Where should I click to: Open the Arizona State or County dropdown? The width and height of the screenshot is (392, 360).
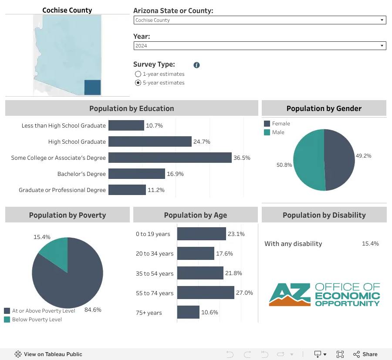pyautogui.click(x=260, y=20)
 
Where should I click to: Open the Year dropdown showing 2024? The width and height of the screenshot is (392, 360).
pyautogui.click(x=260, y=46)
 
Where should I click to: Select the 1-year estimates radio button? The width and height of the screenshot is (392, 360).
pyautogui.click(x=138, y=74)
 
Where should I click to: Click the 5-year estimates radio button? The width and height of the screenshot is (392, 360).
pyautogui.click(x=138, y=83)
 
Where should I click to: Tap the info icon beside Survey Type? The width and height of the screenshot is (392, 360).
pyautogui.click(x=197, y=65)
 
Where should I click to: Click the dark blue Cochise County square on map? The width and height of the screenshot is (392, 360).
pyautogui.click(x=92, y=87)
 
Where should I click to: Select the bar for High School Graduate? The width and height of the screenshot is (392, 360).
pyautogui.click(x=150, y=141)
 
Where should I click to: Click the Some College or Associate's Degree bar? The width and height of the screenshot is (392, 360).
pyautogui.click(x=170, y=158)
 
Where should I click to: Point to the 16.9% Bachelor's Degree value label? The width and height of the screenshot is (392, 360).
pyautogui.click(x=175, y=174)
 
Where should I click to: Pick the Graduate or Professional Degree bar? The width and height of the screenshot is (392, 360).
pyautogui.click(x=127, y=190)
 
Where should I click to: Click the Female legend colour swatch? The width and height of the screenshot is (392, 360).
pyautogui.click(x=267, y=124)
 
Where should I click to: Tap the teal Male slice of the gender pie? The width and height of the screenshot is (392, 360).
pyautogui.click(x=309, y=160)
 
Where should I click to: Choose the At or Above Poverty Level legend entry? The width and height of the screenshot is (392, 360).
pyautogui.click(x=40, y=311)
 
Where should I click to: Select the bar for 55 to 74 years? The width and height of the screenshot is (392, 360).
pyautogui.click(x=206, y=293)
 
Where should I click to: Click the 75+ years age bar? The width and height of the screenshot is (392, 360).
pyautogui.click(x=188, y=312)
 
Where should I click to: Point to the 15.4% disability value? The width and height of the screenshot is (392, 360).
pyautogui.click(x=370, y=244)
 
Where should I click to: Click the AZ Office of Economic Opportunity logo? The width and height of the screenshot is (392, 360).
pyautogui.click(x=324, y=295)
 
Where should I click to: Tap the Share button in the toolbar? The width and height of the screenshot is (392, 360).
pyautogui.click(x=365, y=354)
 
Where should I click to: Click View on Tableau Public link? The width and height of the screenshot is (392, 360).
pyautogui.click(x=48, y=354)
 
